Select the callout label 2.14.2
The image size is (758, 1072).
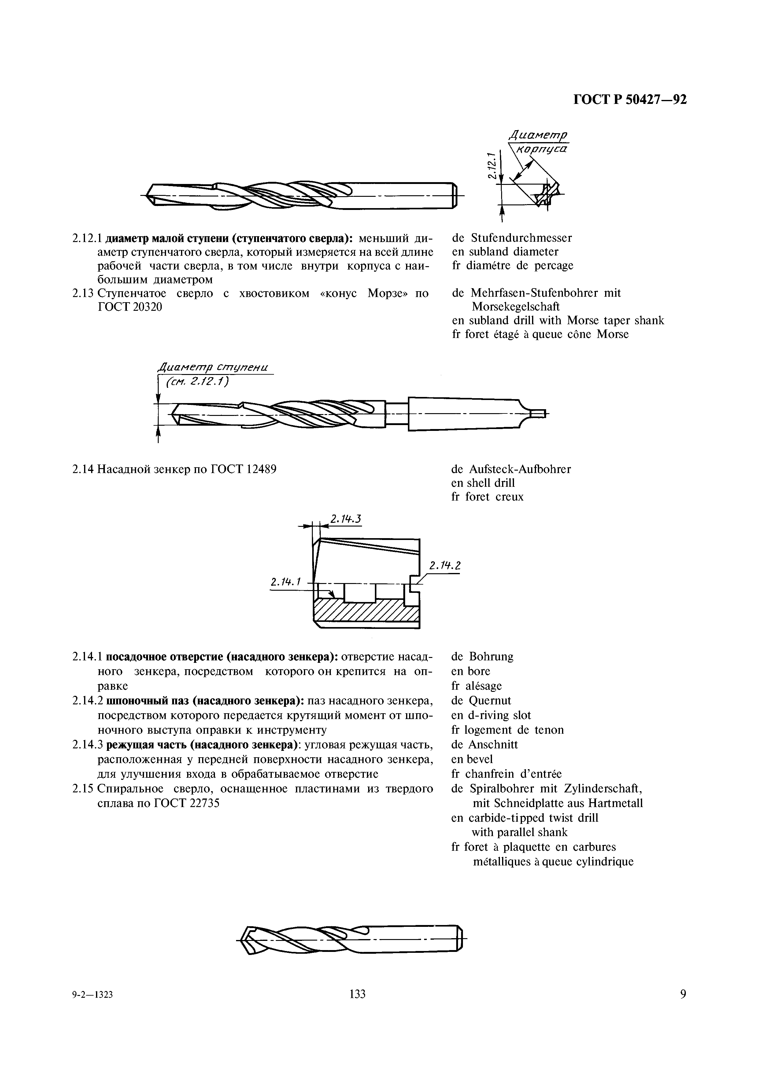tap(445, 566)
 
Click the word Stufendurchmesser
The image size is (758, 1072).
tap(521, 238)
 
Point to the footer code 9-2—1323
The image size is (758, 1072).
tap(93, 1008)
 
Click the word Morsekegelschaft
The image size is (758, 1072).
tap(516, 307)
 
